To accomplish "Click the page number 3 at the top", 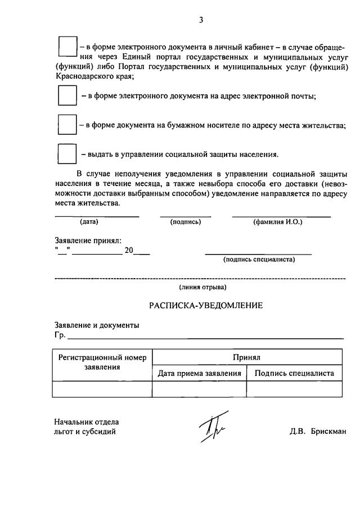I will tap(200, 20).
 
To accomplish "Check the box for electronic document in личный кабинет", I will tap(67, 47).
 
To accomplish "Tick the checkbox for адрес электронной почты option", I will tap(67, 96).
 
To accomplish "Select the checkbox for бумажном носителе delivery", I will tap(67, 125).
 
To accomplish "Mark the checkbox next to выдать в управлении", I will tap(67, 153).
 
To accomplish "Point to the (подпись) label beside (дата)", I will tap(185, 222).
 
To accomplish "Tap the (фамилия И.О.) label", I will tap(278, 222).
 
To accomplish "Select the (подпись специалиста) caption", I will tap(259, 260).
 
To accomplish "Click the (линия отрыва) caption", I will tap(202, 287).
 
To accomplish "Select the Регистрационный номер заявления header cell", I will tap(102, 362).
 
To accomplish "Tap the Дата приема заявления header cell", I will tap(199, 373).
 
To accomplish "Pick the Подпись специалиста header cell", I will tap(294, 373).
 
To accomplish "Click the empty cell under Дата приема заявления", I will tap(199, 389).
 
